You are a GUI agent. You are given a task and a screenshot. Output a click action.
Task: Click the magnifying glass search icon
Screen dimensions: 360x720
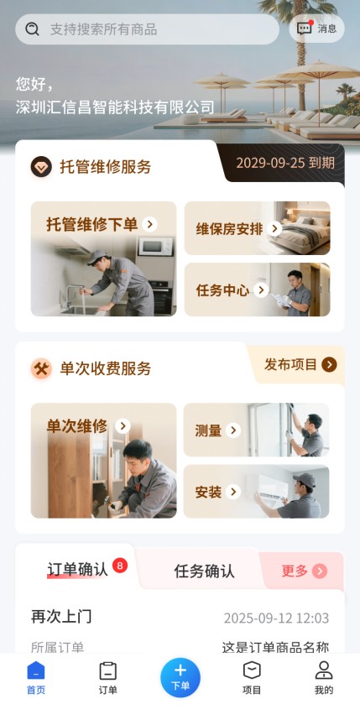coord(32,29)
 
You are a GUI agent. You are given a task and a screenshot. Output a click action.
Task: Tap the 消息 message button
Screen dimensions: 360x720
coord(317,29)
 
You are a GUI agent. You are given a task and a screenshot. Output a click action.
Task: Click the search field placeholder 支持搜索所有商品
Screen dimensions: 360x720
coord(104,29)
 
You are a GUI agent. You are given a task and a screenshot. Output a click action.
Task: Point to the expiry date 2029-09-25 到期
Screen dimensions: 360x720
coord(285,163)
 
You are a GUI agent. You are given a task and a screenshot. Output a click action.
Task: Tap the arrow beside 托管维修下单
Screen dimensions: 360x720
coord(149,224)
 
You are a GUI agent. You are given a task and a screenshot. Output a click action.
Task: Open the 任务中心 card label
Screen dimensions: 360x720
coord(222,290)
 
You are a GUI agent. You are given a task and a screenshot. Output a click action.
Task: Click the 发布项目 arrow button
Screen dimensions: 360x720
coord(329,364)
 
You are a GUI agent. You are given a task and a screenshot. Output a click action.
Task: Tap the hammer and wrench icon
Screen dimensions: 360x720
coord(41,368)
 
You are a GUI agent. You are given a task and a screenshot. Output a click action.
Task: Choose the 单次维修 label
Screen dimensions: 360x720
coord(77,426)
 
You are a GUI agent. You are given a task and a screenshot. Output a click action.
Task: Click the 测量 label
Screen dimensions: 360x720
coord(208,430)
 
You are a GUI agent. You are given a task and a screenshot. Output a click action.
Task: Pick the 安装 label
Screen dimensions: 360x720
coord(208,493)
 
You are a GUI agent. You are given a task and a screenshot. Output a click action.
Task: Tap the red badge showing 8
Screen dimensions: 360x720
coord(120,566)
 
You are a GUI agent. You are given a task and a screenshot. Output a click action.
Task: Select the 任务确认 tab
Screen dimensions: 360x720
coord(205,571)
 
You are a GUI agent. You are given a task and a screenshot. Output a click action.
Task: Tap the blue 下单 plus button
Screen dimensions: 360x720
coord(180,677)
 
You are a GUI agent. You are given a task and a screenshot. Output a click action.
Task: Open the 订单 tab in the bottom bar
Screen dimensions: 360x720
coord(108,678)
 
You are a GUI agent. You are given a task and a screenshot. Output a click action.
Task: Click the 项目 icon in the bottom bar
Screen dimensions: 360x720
coord(252,670)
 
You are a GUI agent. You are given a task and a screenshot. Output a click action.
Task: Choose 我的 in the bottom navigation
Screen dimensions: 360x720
coord(324,678)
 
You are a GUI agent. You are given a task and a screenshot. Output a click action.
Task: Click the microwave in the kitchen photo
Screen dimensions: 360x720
coord(156,247)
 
